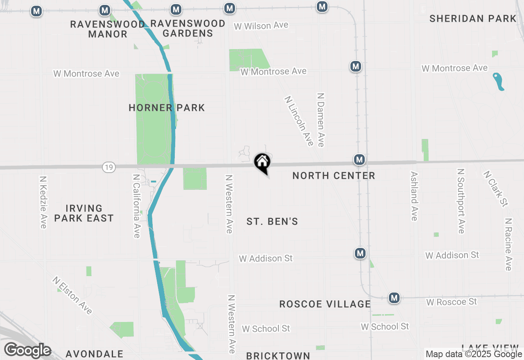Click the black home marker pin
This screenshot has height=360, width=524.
click(x=262, y=163)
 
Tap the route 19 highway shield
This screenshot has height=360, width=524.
click(x=109, y=167)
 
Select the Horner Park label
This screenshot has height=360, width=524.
click(x=167, y=108)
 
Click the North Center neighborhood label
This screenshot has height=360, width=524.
click(x=334, y=176)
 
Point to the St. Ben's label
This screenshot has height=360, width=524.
click(x=272, y=222)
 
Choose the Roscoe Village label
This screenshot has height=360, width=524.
click(x=325, y=304)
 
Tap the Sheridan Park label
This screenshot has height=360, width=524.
click(x=473, y=18)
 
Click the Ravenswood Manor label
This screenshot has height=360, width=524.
click(x=108, y=29)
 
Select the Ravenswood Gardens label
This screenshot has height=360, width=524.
click(x=188, y=29)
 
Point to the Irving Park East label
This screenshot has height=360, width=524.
click(x=84, y=213)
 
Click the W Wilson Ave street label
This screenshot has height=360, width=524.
click(x=261, y=26)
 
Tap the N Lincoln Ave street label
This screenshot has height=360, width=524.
click(x=299, y=121)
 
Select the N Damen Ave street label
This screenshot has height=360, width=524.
click(x=321, y=119)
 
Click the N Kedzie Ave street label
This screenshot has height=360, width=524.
click(x=43, y=202)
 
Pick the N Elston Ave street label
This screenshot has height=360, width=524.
click(x=72, y=295)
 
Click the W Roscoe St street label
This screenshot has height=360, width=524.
click(x=452, y=302)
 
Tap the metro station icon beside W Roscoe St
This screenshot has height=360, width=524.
click(x=394, y=298)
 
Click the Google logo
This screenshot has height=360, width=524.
click(x=27, y=351)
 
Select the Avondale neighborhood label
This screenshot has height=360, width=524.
click(x=94, y=354)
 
